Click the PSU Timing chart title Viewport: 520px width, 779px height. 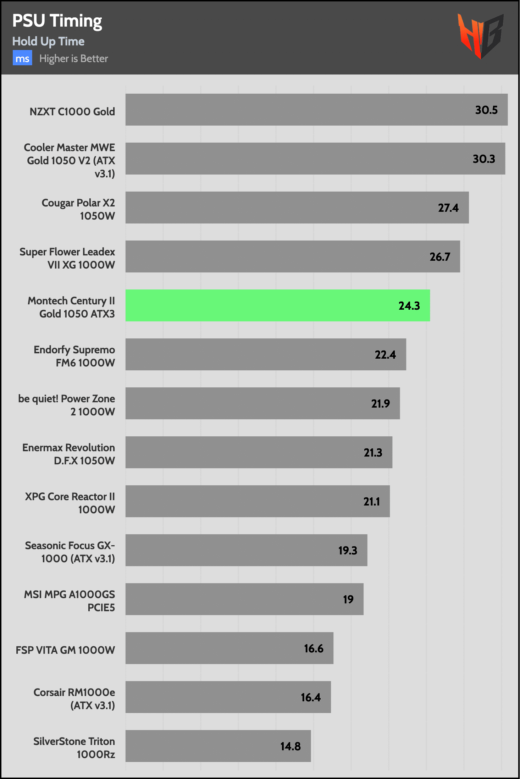pyautogui.click(x=57, y=21)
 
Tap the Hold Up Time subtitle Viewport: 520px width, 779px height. pyautogui.click(x=48, y=42)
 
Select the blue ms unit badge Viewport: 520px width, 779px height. pyautogui.click(x=22, y=58)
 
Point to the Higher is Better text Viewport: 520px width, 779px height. pyautogui.click(x=73, y=59)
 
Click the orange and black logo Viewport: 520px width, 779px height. pyautogui.click(x=480, y=35)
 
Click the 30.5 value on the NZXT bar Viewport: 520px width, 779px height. pyautogui.click(x=486, y=110)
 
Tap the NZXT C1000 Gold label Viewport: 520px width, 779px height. pyautogui.click(x=72, y=112)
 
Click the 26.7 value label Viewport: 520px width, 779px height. pyautogui.click(x=440, y=257)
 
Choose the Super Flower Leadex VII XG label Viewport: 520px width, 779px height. pyautogui.click(x=67, y=258)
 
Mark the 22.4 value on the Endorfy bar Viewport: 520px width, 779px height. pyautogui.click(x=385, y=355)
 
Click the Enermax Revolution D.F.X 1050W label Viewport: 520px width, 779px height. pyautogui.click(x=69, y=454)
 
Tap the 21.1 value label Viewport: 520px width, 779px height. pyautogui.click(x=371, y=502)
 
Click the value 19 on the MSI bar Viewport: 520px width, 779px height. pyautogui.click(x=348, y=600)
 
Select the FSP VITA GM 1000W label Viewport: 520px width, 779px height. pyautogui.click(x=65, y=650)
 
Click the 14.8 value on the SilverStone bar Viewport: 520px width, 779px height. pyautogui.click(x=291, y=746)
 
